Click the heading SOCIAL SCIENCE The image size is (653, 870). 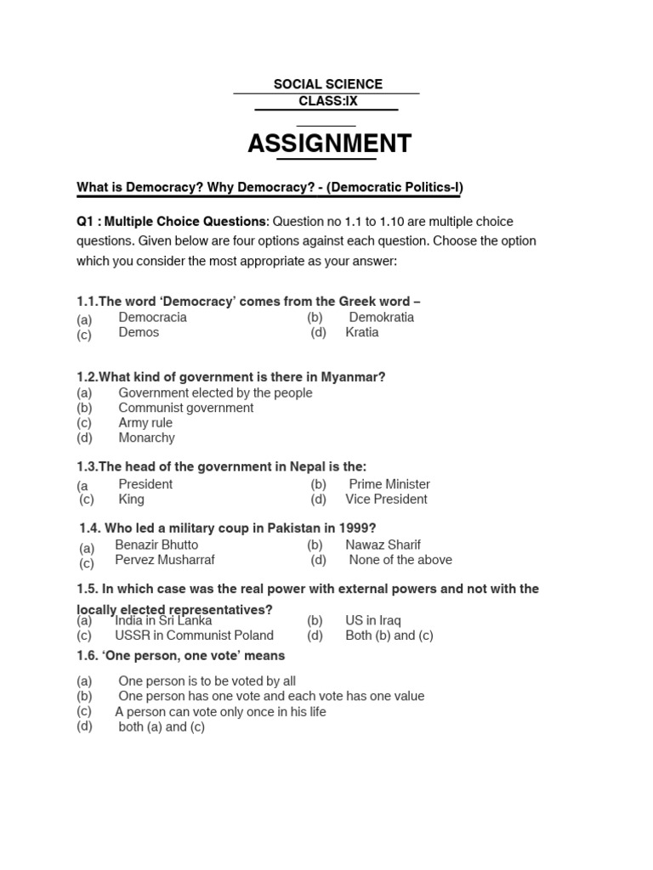tap(327, 84)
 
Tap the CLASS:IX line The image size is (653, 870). tap(327, 101)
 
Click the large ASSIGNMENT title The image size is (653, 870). tap(329, 144)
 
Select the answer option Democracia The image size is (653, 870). tap(152, 317)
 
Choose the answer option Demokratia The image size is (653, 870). tap(381, 317)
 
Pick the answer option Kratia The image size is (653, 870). tap(361, 332)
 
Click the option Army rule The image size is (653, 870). tap(145, 422)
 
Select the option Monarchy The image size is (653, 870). tap(146, 438)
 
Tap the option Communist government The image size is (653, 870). tap(185, 408)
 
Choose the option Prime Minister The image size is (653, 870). tap(389, 483)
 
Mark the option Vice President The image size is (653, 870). tap(386, 499)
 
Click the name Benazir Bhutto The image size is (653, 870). tap(156, 545)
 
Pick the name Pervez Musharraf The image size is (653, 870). tap(165, 560)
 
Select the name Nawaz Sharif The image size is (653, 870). tap(383, 545)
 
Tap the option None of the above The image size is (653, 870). tap(400, 560)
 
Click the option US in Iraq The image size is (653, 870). tap(372, 620)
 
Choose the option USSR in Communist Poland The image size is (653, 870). tap(194, 636)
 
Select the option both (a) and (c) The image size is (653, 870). tap(162, 727)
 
